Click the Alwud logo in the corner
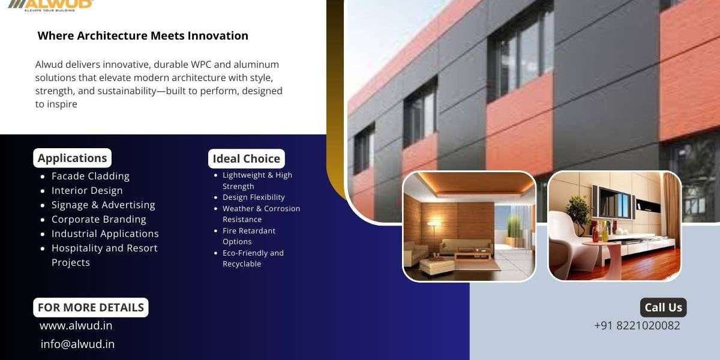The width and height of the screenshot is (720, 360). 50,5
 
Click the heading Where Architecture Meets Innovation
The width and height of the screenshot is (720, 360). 143,35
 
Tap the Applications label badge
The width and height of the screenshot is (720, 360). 73,158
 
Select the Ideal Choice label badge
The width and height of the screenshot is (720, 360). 246,158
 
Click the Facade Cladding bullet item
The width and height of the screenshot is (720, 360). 91,176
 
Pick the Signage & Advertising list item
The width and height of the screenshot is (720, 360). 103,205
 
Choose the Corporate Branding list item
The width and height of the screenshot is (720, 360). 98,219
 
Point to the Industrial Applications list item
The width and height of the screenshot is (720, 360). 105,233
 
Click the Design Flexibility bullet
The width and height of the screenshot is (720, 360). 254,197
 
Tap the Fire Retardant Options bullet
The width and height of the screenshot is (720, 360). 249,236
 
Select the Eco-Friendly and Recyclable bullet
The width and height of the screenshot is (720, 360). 253,258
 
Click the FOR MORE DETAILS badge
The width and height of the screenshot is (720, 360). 91,307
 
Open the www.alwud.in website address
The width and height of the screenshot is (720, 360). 76,326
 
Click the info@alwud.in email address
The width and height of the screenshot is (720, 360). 77,344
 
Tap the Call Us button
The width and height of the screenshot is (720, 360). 663,307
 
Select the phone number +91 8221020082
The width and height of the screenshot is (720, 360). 637,325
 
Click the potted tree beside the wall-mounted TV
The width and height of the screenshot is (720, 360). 578,214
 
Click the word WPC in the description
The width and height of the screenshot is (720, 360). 201,64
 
